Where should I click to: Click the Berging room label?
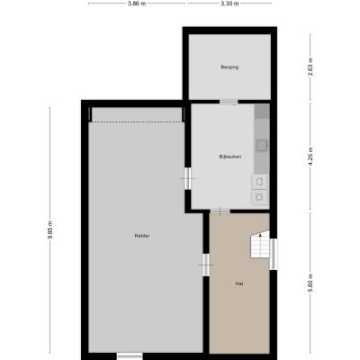click(x=229, y=67)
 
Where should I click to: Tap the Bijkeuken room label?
click(x=230, y=157)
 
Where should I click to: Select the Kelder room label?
click(x=142, y=236)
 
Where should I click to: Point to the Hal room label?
click(x=239, y=283)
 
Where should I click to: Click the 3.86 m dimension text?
click(x=137, y=4)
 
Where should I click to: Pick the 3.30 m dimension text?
click(x=229, y=4)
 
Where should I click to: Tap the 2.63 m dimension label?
click(x=310, y=67)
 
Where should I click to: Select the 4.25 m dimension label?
click(x=310, y=156)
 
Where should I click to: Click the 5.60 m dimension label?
click(x=310, y=283)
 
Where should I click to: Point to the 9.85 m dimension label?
click(x=50, y=229)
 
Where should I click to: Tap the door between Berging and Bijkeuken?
click(x=229, y=102)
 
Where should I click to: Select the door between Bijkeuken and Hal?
click(x=220, y=211)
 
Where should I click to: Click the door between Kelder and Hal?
click(x=206, y=265)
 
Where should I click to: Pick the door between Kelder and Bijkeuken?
click(x=188, y=178)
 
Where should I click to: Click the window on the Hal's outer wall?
click(x=273, y=254)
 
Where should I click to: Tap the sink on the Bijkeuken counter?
click(x=261, y=146)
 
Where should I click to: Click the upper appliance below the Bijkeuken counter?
click(x=259, y=181)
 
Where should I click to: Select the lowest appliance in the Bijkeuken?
click(x=259, y=197)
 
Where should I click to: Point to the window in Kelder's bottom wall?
click(x=130, y=356)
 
